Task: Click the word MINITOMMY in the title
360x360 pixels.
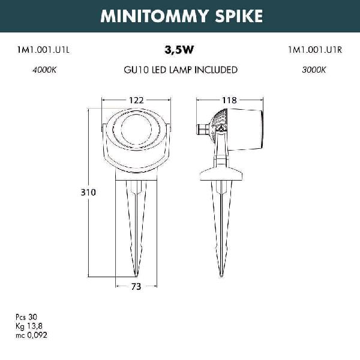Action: [154, 16]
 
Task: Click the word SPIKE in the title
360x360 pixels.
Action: [239, 16]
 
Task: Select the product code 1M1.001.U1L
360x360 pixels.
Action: [43, 50]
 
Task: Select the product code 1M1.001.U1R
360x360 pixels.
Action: [315, 50]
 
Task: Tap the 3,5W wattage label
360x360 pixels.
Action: [179, 50]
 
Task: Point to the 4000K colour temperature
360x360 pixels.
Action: [44, 70]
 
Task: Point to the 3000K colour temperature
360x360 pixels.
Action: [314, 70]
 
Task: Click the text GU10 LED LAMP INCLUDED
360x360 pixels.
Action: [181, 70]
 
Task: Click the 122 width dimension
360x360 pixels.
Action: [136, 100]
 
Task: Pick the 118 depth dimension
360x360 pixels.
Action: [229, 100]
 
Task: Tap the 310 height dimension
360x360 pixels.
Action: [88, 193]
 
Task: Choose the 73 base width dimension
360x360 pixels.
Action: [136, 287]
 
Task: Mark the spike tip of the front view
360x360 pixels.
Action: [136, 276]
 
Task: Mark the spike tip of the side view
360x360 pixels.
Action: [221, 276]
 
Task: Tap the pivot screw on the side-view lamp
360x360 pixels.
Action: [221, 130]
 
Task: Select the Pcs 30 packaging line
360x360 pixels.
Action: [26, 317]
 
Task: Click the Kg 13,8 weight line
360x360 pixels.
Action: [29, 326]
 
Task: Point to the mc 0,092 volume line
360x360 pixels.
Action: [31, 335]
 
